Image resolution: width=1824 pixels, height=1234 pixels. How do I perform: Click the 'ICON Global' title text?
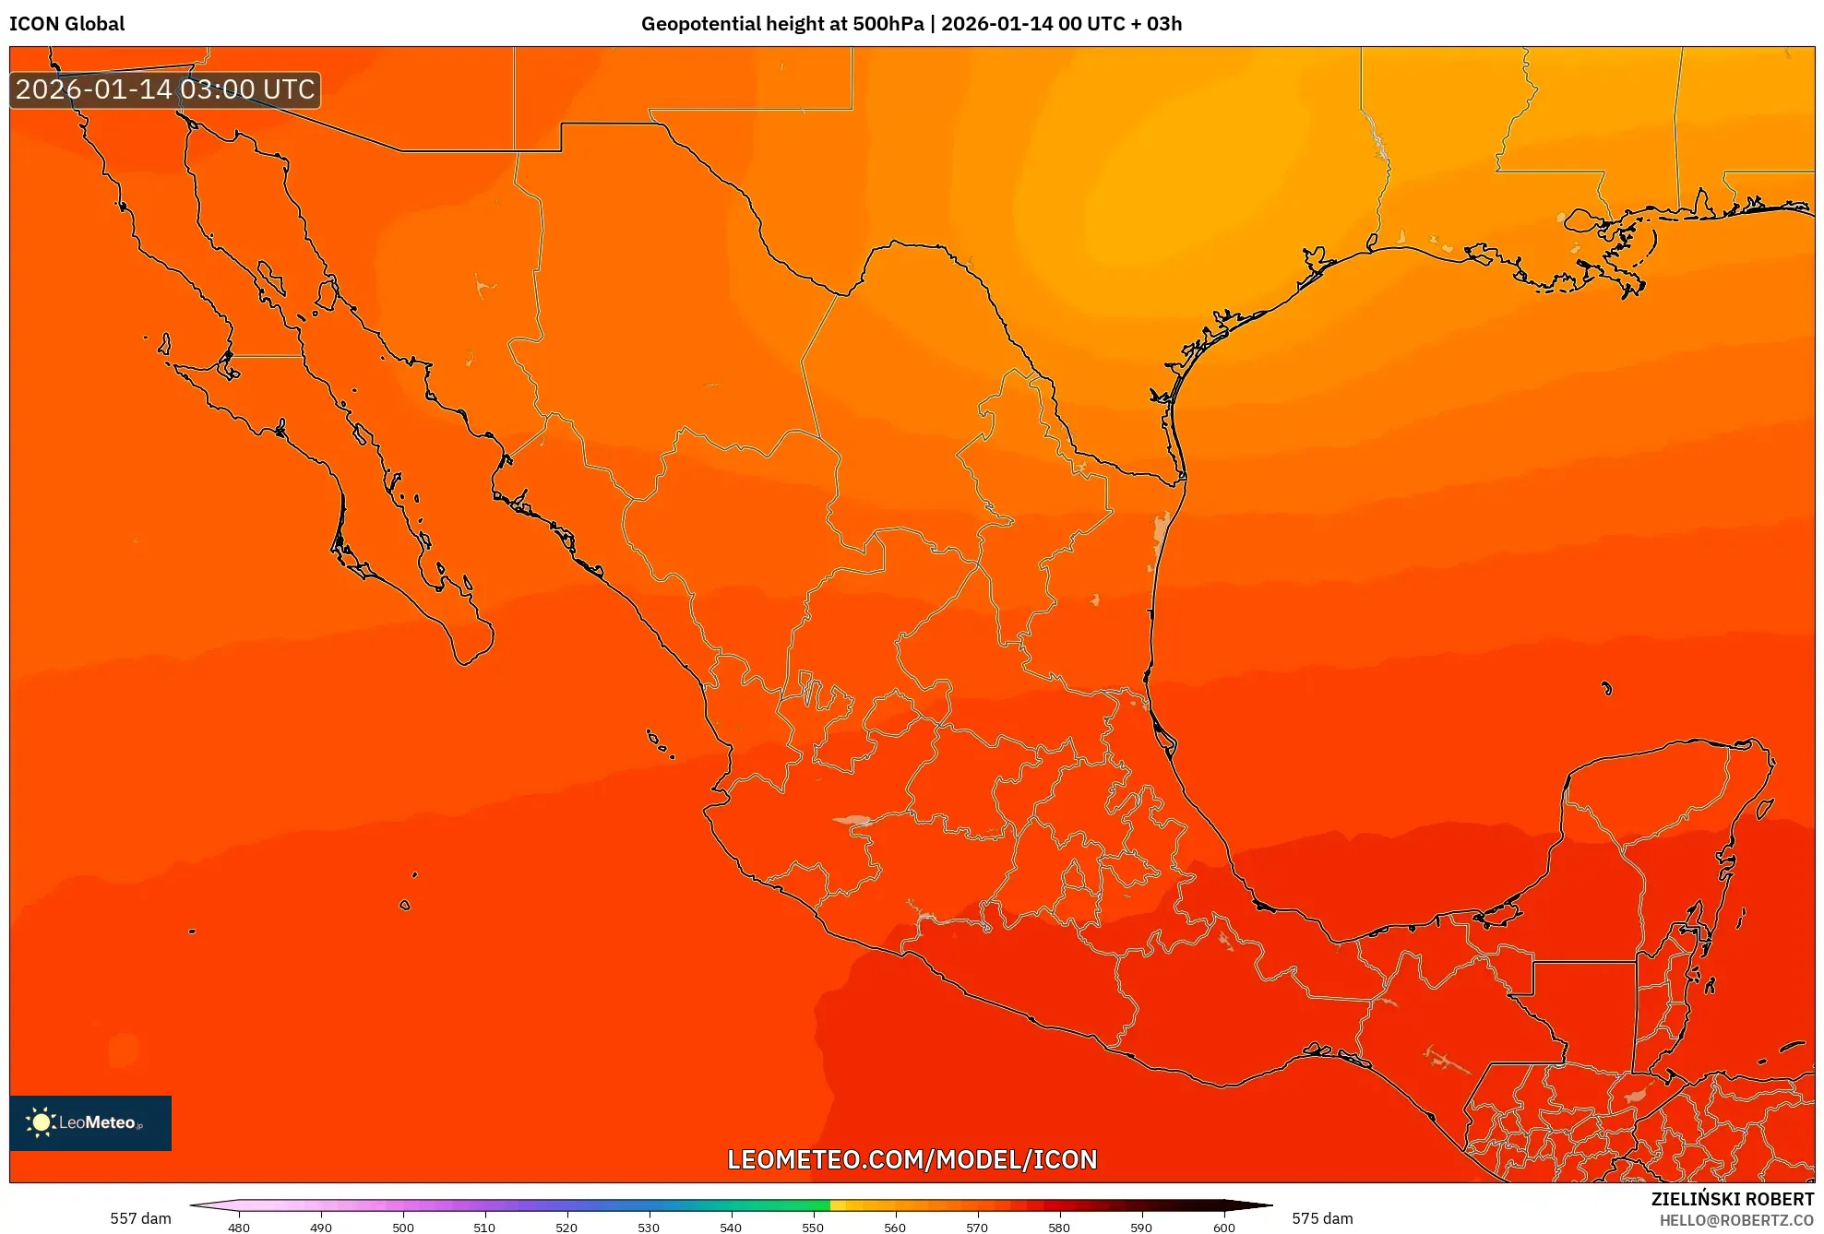[x=67, y=24]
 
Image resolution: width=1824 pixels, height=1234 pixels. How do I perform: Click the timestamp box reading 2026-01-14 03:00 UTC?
[x=165, y=89]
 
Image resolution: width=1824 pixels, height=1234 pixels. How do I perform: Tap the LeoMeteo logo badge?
[x=90, y=1122]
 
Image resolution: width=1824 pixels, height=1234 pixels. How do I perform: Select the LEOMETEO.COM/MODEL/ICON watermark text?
[x=912, y=1159]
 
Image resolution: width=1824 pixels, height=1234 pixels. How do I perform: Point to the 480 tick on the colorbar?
[x=239, y=1227]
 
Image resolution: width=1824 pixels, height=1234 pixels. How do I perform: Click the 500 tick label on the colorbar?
[x=403, y=1227]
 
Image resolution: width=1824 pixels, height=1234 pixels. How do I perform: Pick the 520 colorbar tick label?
[x=566, y=1227]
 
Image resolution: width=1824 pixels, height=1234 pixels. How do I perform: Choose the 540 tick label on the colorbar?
[x=731, y=1227]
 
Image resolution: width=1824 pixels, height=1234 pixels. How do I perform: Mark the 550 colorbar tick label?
[x=813, y=1227]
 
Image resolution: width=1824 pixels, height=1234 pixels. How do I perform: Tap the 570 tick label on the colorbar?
[x=977, y=1227]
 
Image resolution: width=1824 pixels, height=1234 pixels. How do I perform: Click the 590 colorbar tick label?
[x=1141, y=1227]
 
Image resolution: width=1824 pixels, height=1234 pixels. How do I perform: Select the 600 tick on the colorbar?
[x=1223, y=1227]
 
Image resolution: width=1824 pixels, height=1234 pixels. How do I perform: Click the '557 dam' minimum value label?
[x=140, y=1218]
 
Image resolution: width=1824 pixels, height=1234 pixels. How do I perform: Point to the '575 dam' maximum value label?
[x=1322, y=1218]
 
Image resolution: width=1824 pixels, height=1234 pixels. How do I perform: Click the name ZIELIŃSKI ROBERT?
[x=1733, y=1199]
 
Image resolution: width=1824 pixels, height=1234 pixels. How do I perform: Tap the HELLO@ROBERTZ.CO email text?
[x=1736, y=1220]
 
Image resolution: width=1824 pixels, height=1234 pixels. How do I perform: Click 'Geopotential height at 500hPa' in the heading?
[x=782, y=24]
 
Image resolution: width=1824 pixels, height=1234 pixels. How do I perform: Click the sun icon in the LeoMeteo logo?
[x=41, y=1121]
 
